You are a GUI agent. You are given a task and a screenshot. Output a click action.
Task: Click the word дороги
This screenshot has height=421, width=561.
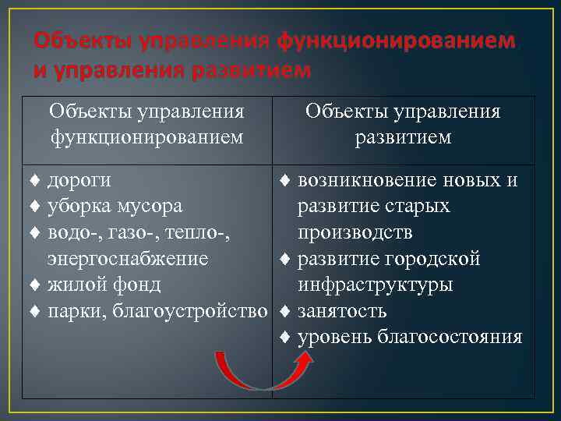point(79,181)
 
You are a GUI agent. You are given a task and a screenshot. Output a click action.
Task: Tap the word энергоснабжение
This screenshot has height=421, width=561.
point(128,259)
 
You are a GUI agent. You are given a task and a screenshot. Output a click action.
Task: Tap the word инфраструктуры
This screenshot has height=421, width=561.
point(375,285)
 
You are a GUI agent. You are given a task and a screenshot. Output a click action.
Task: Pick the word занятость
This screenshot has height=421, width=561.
point(342,311)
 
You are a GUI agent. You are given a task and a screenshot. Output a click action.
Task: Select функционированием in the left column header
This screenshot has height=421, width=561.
point(146,137)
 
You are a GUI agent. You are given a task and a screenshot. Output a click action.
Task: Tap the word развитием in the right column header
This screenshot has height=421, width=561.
point(403,137)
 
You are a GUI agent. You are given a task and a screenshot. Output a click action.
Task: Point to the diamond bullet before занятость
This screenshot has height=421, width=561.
point(285,311)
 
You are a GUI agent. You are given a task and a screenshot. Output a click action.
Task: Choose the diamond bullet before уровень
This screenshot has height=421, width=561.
point(285,337)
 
